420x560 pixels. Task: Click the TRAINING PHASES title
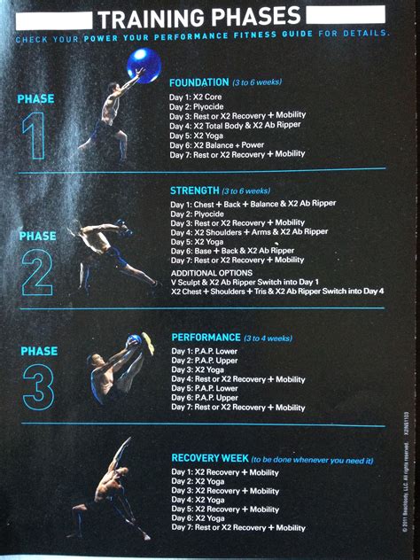point(198,17)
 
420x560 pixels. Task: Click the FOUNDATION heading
point(198,82)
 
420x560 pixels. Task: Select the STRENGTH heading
point(195,191)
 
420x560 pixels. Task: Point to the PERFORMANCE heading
point(206,338)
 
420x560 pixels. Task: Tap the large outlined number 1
point(35,137)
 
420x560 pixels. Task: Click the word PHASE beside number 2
point(37,237)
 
